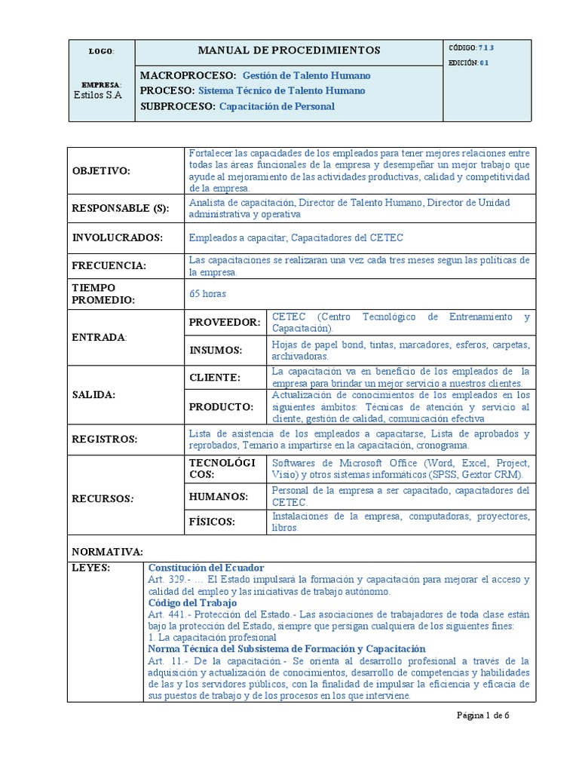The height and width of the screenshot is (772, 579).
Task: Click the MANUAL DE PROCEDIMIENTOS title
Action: (289, 51)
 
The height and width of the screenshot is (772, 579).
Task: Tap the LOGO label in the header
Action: (100, 51)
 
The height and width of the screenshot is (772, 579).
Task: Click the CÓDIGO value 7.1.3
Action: (486, 47)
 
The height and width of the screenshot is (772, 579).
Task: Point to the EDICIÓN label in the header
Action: (463, 63)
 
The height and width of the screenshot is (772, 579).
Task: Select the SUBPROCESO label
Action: (178, 106)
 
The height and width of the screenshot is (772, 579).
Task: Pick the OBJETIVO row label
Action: (101, 171)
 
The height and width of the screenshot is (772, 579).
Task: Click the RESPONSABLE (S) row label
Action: (120, 208)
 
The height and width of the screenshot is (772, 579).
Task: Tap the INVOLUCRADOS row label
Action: (118, 237)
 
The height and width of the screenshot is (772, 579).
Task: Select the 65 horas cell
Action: (207, 293)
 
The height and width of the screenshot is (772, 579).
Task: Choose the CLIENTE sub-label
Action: (214, 377)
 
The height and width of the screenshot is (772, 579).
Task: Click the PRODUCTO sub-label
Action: (220, 406)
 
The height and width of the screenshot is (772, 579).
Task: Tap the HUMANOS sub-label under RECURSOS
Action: (219, 496)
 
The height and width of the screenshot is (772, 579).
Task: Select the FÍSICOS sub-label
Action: (212, 522)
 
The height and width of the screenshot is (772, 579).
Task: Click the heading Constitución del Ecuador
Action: (206, 567)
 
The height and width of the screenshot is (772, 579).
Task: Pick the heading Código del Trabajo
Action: (193, 602)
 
